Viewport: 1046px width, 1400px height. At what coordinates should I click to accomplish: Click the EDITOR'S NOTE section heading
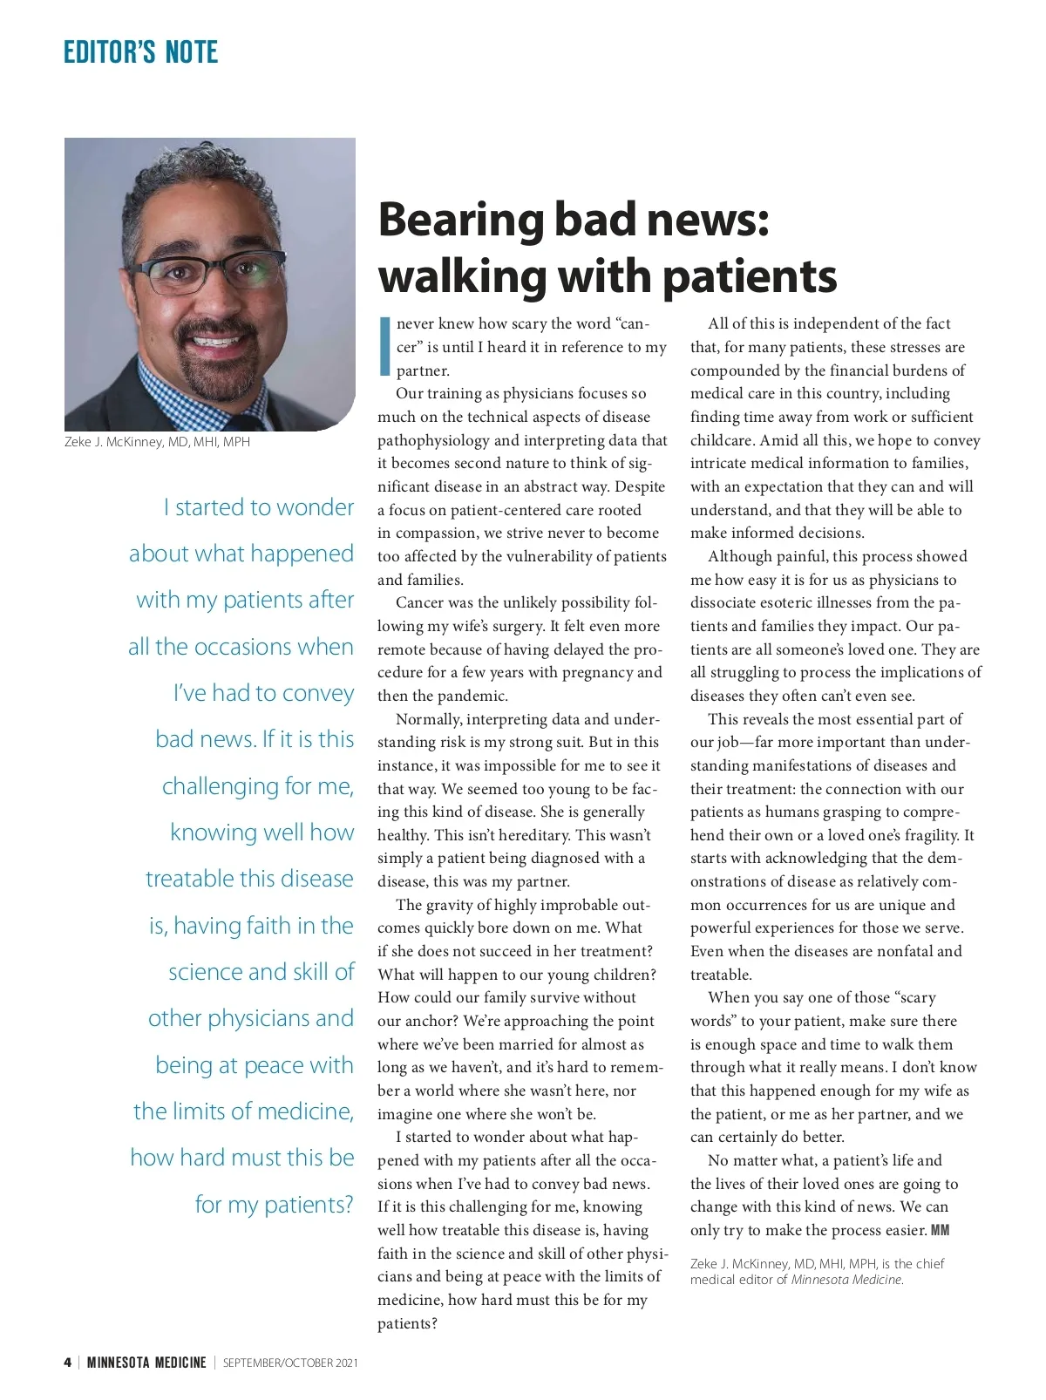140,52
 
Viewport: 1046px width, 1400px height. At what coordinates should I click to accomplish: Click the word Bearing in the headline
461,220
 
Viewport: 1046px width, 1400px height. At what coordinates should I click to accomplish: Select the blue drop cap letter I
384,346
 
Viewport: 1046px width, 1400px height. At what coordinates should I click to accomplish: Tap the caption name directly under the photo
157,442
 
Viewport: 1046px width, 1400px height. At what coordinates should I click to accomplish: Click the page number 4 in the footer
67,1363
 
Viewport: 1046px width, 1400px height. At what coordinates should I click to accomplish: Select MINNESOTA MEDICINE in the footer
146,1363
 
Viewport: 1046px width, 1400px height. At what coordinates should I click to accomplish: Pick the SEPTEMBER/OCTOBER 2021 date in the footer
290,1363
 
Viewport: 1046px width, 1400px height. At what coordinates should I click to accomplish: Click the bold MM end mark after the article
940,1230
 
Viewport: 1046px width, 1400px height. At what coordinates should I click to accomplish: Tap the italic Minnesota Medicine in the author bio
846,1280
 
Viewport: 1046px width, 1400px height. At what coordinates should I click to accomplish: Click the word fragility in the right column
927,835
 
